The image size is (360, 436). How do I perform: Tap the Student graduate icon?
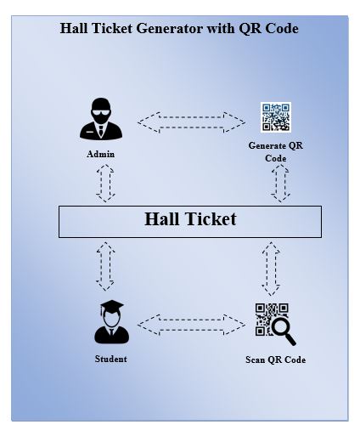pos(111,322)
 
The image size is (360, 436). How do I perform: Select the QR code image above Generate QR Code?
pos(276,117)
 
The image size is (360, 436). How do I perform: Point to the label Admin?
pos(101,154)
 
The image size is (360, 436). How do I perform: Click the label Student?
pos(110,359)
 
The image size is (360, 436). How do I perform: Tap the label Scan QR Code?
pos(275,360)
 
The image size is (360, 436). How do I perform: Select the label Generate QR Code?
pos(276,152)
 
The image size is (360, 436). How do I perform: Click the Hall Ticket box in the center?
pos(190,222)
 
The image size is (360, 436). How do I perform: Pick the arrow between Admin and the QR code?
pos(191,122)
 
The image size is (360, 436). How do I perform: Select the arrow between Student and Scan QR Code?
pos(191,325)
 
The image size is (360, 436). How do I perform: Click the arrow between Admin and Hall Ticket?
pos(105,184)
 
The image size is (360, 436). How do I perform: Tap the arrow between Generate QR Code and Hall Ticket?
pos(280,184)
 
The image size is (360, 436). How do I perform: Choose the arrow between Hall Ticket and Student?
pos(105,266)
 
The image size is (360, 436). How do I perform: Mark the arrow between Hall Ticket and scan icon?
pos(271,269)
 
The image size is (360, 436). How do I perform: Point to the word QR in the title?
pos(247,29)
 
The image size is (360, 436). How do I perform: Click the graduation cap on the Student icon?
pos(112,306)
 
